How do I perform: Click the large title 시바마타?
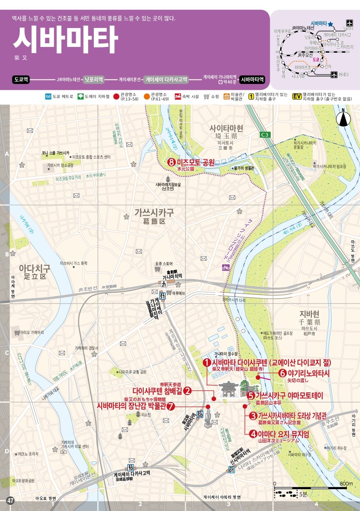[x=65, y=40]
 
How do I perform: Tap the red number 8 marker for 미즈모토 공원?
[x=172, y=162]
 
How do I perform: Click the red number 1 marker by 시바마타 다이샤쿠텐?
[x=207, y=362]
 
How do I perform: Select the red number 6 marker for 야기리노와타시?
[x=283, y=373]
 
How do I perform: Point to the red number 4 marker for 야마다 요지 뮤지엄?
[x=253, y=433]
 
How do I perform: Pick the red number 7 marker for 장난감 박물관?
[x=171, y=406]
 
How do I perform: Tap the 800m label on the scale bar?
[x=346, y=483]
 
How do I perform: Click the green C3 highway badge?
[x=265, y=134]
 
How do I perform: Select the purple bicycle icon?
[x=225, y=267]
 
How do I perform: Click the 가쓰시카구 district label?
[x=154, y=212]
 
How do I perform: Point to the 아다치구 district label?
[x=35, y=269]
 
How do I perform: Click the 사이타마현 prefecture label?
[x=226, y=128]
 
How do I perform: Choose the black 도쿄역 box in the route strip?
[x=21, y=79]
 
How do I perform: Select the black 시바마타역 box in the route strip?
[x=253, y=79]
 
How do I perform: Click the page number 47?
[x=11, y=501]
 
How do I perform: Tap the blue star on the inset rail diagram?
[x=330, y=24]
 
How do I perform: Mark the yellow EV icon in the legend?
[x=297, y=97]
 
